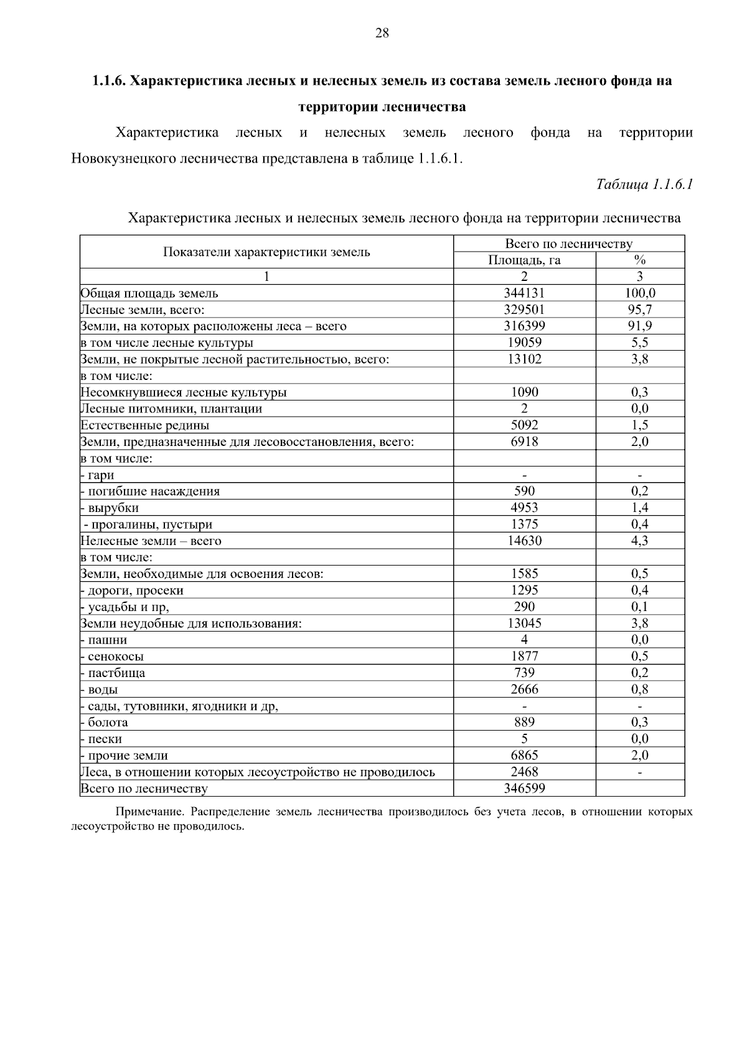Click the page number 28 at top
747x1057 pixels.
click(382, 34)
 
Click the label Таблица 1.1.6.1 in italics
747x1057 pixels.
click(644, 184)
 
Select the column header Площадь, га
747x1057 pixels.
click(524, 260)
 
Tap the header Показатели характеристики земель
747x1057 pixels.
click(266, 252)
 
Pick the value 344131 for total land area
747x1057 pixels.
click(524, 293)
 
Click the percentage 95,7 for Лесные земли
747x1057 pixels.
click(639, 310)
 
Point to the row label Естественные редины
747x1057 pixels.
click(145, 425)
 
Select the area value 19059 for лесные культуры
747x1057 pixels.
click(524, 343)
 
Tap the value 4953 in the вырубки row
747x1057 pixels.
click(524, 508)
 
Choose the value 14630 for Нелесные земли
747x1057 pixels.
click(524, 541)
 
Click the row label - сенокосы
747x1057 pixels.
click(113, 656)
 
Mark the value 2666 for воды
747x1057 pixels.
click(524, 690)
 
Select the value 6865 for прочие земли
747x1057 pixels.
click(524, 756)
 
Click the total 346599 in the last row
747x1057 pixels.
click(524, 789)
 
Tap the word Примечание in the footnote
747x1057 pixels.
click(151, 812)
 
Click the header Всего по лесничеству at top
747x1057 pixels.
click(568, 244)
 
